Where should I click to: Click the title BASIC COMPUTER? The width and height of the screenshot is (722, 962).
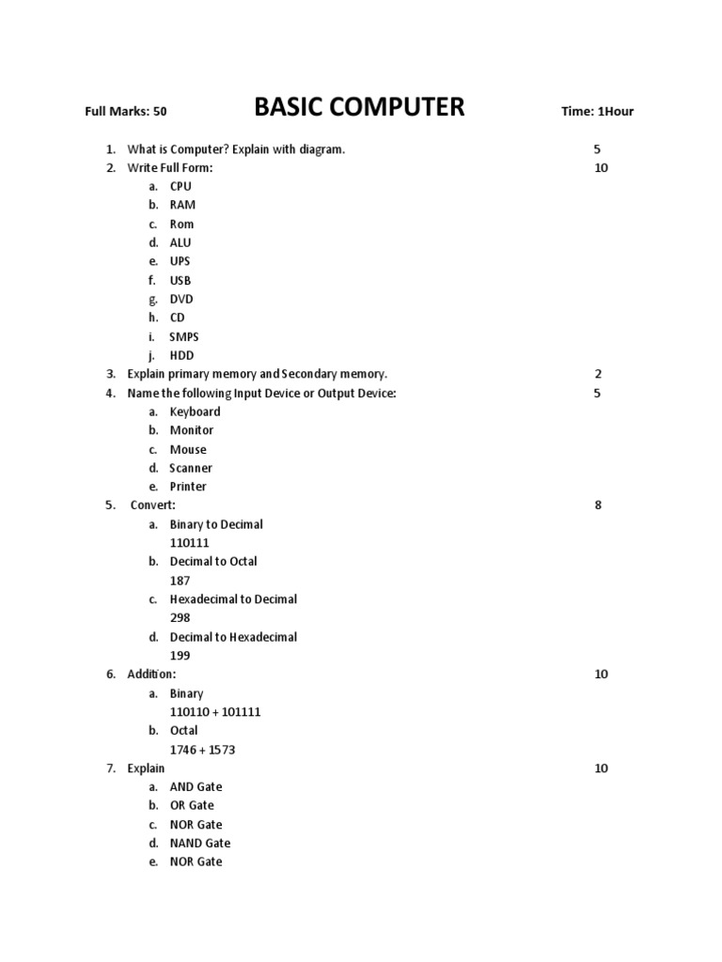359,108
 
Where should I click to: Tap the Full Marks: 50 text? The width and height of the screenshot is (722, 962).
126,112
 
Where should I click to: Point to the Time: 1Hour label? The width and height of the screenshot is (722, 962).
597,112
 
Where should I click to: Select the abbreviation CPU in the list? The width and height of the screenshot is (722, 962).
180,186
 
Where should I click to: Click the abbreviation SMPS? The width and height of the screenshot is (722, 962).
184,336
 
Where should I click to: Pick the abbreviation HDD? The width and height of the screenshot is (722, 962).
181,355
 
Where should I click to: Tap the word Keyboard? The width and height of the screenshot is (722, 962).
195,411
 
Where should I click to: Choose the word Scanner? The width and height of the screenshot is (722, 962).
191,468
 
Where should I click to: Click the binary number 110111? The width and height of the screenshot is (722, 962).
191,543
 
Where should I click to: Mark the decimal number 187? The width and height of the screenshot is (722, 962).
180,581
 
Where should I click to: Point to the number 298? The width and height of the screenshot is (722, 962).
180,618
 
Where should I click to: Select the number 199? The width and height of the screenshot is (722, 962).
180,656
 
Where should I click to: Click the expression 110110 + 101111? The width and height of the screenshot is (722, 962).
215,712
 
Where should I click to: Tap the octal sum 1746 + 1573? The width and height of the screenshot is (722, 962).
202,750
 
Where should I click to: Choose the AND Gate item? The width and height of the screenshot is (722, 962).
196,786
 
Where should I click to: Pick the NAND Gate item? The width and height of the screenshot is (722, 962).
199,843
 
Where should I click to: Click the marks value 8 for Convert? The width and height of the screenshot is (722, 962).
598,505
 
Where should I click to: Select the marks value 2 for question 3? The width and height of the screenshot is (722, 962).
598,374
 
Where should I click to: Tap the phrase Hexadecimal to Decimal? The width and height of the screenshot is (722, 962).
233,599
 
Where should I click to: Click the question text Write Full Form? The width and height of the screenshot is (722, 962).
170,167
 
